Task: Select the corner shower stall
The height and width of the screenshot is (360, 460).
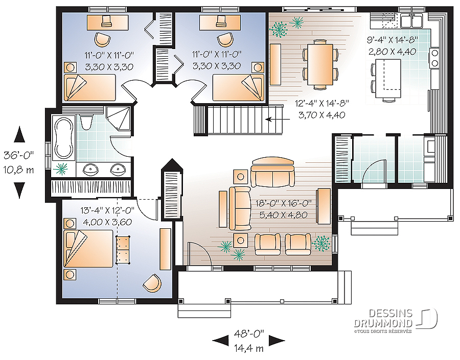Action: coord(118,118)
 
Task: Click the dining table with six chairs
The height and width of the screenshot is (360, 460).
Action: coord(320,64)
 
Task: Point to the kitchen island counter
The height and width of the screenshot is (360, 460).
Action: coord(388,78)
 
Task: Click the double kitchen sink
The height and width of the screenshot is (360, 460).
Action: coord(411,20)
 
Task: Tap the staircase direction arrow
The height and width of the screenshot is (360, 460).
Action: coord(277,119)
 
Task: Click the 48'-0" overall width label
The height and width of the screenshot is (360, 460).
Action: coord(249,333)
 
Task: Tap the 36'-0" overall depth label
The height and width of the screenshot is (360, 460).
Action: coord(19,155)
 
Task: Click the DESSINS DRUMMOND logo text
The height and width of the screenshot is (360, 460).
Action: coord(383,318)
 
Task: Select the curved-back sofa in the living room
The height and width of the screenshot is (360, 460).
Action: coord(273,173)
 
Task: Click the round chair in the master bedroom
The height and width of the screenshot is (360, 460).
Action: coord(152,283)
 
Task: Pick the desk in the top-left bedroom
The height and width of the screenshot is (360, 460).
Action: coord(108,22)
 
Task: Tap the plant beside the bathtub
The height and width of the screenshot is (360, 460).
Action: coord(61,169)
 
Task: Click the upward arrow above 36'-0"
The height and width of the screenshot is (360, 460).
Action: coord(19,134)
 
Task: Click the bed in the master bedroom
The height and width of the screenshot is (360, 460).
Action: coord(88,249)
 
